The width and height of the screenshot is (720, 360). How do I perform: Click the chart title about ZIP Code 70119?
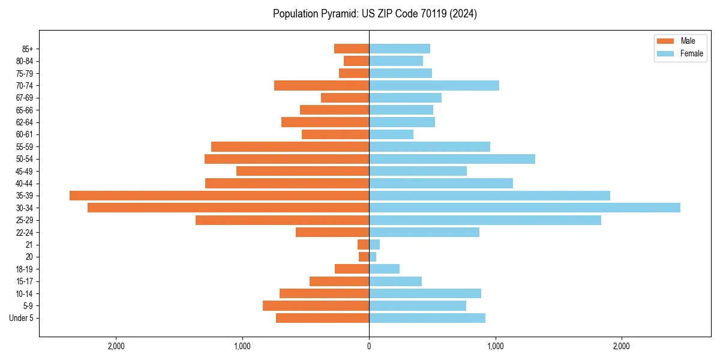click(374, 14)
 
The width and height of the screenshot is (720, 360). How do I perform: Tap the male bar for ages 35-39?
click(219, 196)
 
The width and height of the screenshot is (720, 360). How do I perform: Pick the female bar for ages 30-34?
click(524, 208)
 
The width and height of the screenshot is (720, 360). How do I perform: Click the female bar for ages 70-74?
click(434, 85)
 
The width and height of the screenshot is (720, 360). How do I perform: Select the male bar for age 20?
click(364, 257)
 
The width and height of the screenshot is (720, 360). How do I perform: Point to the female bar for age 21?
click(374, 245)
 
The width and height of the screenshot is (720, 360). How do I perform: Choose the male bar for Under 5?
click(322, 318)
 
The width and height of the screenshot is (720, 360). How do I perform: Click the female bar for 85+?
click(400, 49)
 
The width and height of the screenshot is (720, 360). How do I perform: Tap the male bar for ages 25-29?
click(282, 220)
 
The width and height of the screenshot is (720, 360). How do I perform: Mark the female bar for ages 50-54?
click(452, 159)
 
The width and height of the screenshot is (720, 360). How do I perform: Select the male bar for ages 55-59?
click(290, 146)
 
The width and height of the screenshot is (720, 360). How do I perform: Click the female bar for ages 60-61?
click(391, 134)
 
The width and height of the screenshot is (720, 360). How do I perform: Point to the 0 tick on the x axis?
click(369, 346)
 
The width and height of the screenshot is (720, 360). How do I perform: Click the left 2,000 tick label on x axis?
click(116, 346)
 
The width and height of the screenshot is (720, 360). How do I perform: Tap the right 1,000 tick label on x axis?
click(495, 346)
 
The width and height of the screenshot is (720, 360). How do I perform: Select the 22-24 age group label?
click(25, 233)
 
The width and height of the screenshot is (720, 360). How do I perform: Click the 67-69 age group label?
click(25, 98)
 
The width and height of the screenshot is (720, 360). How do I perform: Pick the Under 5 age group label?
click(21, 318)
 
